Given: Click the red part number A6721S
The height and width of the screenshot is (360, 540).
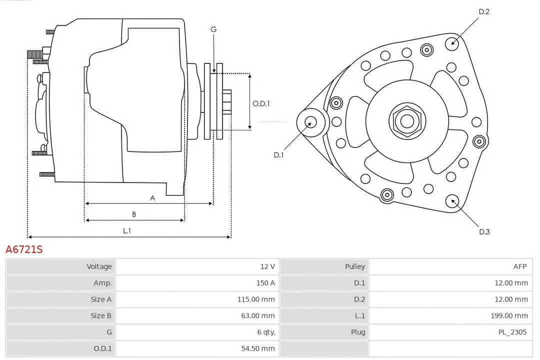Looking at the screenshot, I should [x=24, y=249].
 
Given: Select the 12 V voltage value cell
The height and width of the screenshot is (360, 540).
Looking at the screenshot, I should [x=267, y=266].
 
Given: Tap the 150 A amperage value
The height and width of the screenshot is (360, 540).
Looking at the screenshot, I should [x=265, y=283].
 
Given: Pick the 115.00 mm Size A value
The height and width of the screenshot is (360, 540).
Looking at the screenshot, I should [x=256, y=299].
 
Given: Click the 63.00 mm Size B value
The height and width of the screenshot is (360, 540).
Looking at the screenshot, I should [x=257, y=315].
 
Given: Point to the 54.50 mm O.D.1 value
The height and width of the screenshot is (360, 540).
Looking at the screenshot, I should [x=257, y=348].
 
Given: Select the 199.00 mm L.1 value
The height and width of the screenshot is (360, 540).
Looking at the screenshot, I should [x=509, y=315].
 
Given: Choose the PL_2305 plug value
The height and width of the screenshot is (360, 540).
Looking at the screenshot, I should [x=512, y=332].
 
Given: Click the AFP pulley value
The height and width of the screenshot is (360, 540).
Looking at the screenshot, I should [x=519, y=266].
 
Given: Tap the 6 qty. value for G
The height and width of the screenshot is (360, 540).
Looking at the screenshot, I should [x=265, y=332].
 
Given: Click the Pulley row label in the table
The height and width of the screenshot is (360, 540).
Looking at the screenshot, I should [x=354, y=266].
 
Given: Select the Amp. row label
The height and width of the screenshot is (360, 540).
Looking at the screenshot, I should [x=102, y=283].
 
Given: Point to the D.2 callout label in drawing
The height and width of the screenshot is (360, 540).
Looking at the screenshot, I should [x=483, y=11].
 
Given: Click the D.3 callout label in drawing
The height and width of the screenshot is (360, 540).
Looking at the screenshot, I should [x=484, y=231].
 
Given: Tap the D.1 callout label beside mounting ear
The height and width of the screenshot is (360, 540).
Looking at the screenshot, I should [x=278, y=155].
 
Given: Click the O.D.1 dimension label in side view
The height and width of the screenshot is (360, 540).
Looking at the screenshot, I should [x=261, y=103].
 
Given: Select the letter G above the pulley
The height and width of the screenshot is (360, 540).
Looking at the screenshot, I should [x=213, y=29].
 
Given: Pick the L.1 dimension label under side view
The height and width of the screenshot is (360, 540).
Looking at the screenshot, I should [x=127, y=230].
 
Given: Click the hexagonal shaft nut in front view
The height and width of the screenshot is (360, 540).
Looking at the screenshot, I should [x=407, y=121].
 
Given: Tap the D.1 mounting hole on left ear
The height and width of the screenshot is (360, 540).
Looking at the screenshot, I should [x=310, y=121].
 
